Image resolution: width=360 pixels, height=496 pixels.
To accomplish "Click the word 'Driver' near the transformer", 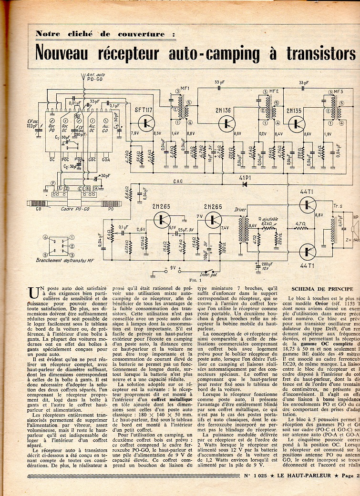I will click(240, 209).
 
